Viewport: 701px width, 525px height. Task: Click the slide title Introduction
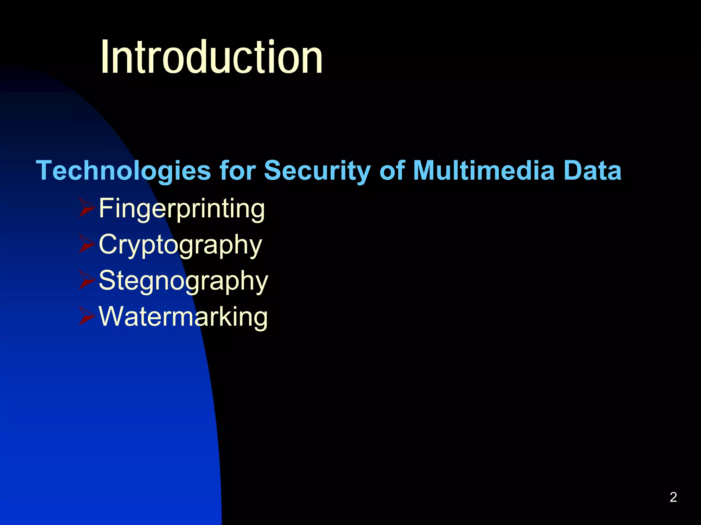click(212, 57)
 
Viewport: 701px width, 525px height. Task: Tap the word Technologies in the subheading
click(123, 170)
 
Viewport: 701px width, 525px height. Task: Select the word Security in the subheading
click(317, 170)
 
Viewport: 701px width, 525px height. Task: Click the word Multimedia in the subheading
click(484, 170)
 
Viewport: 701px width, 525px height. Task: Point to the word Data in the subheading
click(592, 170)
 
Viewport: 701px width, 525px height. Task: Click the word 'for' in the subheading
click(238, 170)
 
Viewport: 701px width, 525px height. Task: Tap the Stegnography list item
click(183, 280)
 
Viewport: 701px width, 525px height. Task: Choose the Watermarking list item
click(183, 316)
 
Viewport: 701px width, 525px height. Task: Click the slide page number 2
click(673, 497)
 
